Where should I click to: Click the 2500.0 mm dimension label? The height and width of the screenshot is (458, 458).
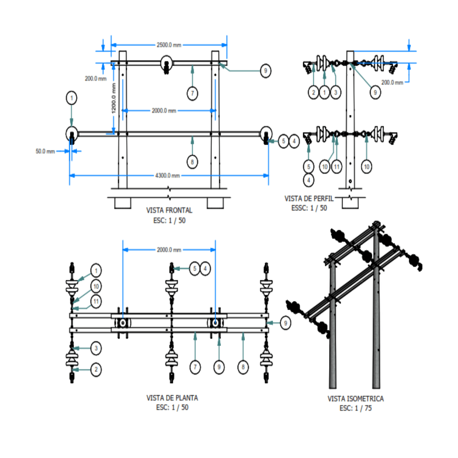[x=169, y=45]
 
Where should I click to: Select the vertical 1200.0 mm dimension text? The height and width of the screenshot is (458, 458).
[x=114, y=98]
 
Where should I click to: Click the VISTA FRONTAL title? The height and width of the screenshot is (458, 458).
[x=169, y=210]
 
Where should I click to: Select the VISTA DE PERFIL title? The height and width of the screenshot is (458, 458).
[x=309, y=198]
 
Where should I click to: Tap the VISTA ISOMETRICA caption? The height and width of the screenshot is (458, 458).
[x=355, y=399]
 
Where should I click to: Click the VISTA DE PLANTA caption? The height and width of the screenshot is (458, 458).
[x=172, y=398]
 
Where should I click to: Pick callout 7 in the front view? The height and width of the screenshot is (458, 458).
[x=193, y=93]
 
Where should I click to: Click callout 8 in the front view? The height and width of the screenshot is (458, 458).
[x=193, y=162]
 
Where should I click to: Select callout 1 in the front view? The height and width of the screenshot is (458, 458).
[x=72, y=98]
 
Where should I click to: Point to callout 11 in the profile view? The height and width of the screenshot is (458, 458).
[x=337, y=167]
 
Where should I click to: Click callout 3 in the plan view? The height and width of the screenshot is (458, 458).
[x=96, y=349]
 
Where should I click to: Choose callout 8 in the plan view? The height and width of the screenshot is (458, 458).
[x=243, y=368]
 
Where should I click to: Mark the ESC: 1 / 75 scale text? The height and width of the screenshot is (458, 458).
[x=355, y=408]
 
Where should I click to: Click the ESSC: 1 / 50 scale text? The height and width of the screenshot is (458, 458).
[x=309, y=208]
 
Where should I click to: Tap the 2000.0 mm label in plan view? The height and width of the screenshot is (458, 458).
[x=169, y=250]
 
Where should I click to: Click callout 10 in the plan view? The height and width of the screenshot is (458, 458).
[x=96, y=286]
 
